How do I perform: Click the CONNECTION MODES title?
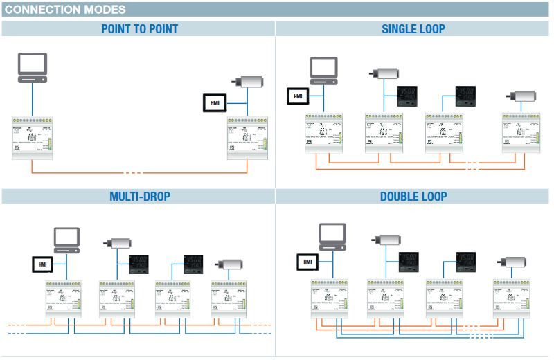66,10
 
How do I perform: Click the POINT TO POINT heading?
139,29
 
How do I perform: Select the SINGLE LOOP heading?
413,29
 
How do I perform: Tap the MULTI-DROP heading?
139,197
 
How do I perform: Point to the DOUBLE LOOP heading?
413,197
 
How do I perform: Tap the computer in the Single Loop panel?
323,70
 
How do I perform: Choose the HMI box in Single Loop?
298,96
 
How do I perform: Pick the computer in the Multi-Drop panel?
66,240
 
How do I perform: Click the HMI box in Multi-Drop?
42,264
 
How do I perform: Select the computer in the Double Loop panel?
332,237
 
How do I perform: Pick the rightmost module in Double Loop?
512,298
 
